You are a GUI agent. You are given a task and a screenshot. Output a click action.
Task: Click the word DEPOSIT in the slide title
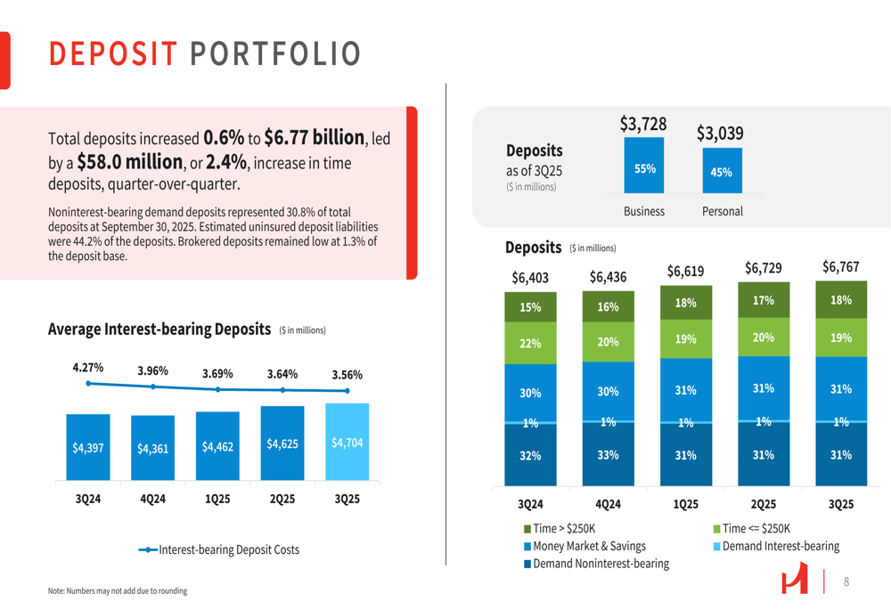113,54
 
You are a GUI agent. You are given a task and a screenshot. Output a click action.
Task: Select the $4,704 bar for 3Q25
347,443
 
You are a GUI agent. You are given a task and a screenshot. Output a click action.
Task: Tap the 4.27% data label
88,367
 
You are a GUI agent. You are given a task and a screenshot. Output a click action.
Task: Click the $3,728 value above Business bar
643,125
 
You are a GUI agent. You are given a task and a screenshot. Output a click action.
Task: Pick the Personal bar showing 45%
722,172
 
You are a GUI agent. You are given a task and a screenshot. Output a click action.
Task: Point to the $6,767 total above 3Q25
840,267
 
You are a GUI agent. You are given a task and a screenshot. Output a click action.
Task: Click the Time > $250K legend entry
560,529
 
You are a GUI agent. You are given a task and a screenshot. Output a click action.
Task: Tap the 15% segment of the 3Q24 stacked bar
530,307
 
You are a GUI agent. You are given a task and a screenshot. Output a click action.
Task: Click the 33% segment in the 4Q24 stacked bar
608,455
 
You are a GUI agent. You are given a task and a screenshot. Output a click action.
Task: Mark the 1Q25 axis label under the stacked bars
685,505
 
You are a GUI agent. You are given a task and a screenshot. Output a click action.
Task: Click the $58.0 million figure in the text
130,163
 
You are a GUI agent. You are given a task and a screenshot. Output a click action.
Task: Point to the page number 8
846,582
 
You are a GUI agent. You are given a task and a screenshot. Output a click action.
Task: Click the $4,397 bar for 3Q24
88,448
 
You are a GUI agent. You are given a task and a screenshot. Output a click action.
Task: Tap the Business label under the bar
644,211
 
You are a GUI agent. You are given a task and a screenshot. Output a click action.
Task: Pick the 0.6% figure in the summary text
224,138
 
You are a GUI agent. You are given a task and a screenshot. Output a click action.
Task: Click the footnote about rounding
118,590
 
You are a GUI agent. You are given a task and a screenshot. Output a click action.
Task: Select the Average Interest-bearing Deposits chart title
159,329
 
